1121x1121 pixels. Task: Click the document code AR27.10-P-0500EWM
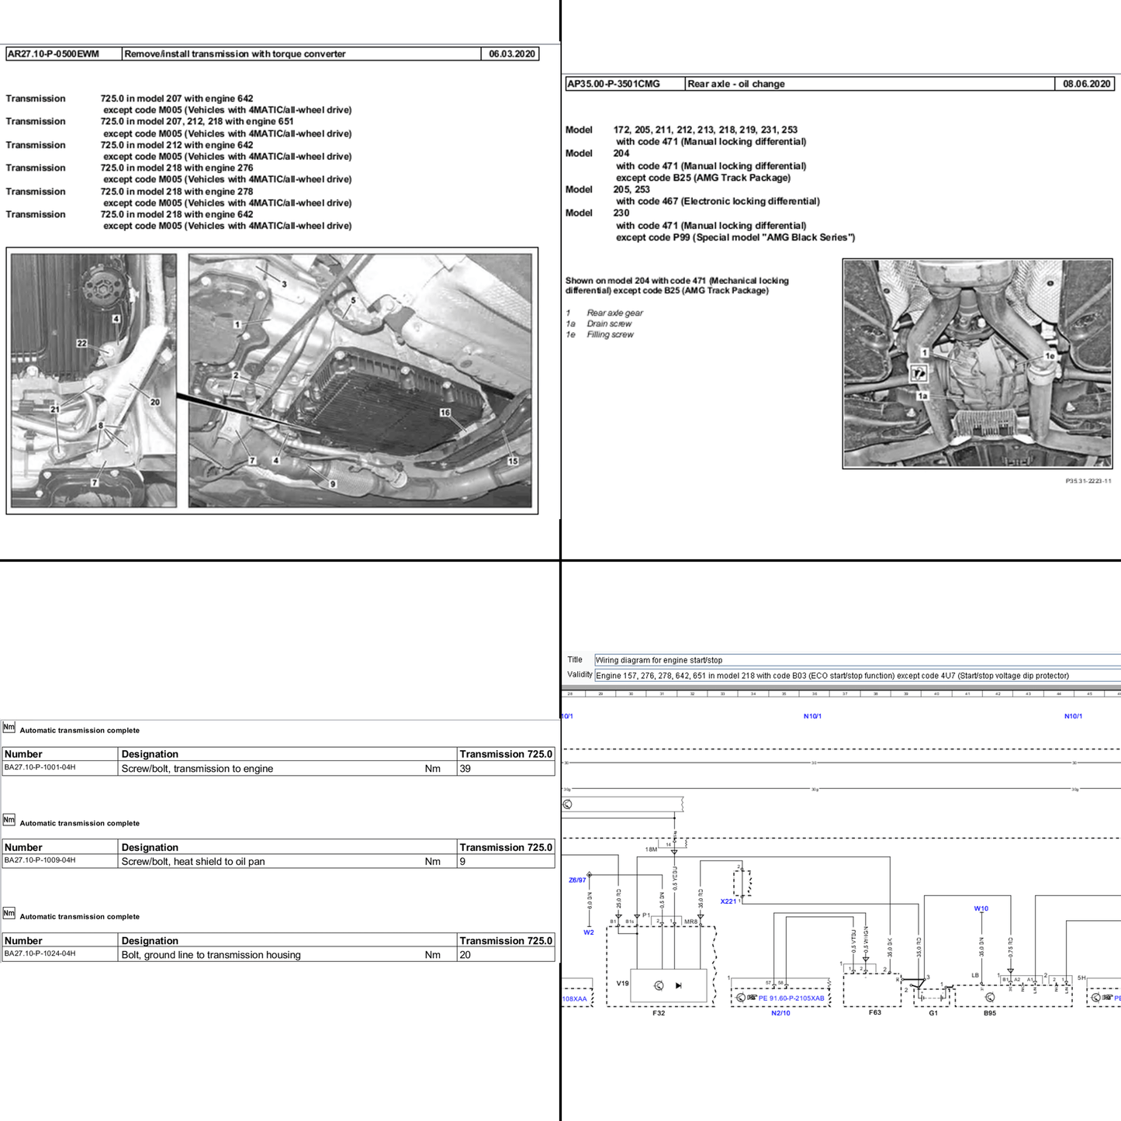(54, 54)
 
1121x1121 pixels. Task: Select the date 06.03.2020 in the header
(511, 54)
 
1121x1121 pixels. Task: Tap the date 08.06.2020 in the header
(1086, 84)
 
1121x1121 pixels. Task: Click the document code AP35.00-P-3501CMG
(614, 84)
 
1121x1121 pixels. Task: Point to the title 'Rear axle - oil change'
(735, 84)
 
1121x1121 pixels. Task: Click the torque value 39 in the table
(465, 769)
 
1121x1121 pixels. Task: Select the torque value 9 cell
(463, 861)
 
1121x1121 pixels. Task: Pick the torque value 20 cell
(465, 955)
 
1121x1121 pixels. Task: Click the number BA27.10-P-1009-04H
(40, 860)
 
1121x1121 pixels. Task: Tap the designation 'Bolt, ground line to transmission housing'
(211, 955)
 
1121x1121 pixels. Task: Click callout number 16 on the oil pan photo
(445, 413)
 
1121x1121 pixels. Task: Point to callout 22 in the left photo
(81, 343)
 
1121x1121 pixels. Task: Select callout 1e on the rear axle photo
(1050, 356)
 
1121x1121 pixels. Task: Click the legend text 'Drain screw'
(609, 323)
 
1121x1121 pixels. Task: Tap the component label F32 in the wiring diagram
(659, 1013)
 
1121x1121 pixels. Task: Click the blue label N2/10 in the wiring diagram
(780, 1013)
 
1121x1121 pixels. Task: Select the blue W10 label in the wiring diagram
(981, 908)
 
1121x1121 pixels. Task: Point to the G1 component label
(933, 1013)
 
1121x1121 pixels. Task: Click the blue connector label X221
(728, 901)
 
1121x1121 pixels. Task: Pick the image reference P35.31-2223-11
(1088, 481)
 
